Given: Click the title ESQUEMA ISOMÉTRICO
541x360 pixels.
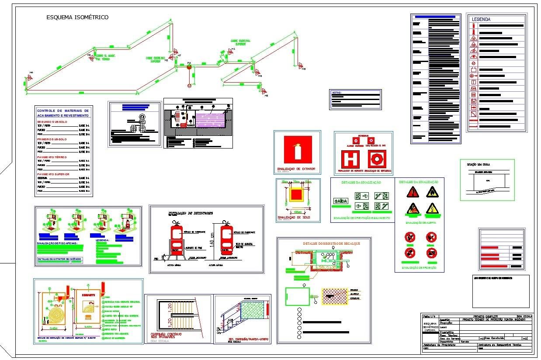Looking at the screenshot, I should [77, 17].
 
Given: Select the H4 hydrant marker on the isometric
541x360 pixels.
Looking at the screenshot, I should [30, 77].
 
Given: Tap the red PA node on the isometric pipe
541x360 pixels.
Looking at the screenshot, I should [189, 67].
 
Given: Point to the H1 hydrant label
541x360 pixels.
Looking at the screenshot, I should [233, 49].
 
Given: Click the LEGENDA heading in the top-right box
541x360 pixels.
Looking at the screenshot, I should [481, 19].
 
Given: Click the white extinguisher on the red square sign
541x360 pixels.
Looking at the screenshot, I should [298, 150].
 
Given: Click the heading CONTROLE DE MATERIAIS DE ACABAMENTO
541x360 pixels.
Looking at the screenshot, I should [63, 113].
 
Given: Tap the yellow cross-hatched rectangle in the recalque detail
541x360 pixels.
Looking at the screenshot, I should [335, 296].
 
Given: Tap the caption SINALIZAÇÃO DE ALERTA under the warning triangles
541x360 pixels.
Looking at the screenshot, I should [419, 222].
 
